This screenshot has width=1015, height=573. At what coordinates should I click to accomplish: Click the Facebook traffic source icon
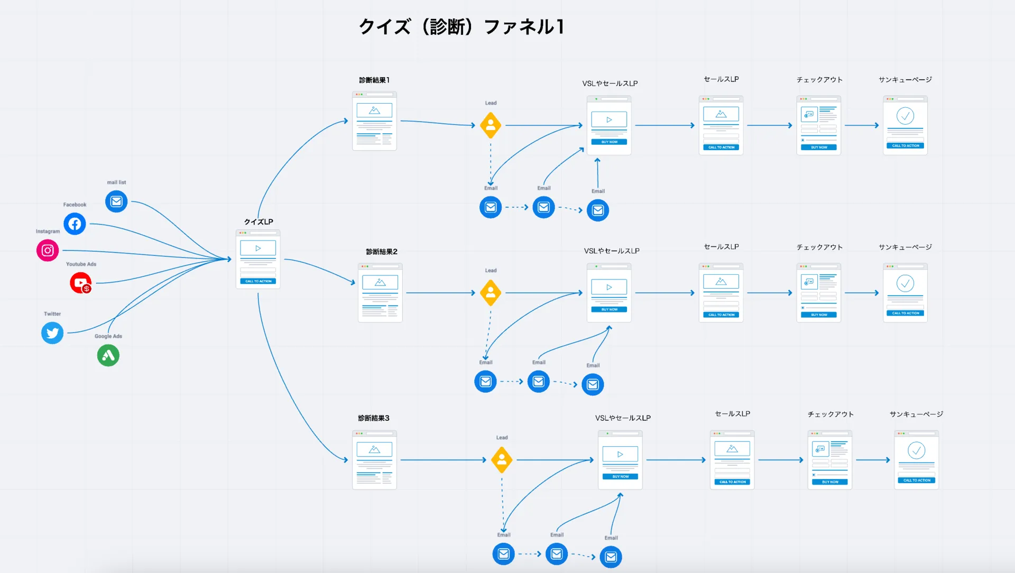tap(75, 224)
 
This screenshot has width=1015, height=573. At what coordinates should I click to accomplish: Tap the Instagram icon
tap(48, 251)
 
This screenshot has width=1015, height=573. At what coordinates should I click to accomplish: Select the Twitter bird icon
tap(52, 333)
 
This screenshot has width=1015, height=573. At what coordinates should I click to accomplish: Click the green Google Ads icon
tap(108, 355)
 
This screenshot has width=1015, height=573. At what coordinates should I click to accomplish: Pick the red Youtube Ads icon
tap(81, 283)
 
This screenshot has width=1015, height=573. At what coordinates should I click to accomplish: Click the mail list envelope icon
tap(116, 201)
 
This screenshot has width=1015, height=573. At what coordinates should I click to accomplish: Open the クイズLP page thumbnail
tap(258, 259)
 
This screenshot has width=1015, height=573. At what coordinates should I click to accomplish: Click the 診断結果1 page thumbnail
tap(374, 121)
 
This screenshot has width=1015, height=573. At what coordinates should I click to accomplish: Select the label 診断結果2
tap(382, 252)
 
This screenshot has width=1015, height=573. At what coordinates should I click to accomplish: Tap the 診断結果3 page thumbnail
tap(374, 460)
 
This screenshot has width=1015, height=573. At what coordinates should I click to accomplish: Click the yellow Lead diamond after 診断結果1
tap(491, 125)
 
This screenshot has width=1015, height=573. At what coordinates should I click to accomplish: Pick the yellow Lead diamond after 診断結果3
tap(502, 460)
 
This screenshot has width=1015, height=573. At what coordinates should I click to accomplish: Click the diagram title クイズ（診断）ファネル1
tap(461, 26)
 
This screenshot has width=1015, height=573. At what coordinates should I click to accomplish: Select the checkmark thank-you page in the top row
tap(905, 125)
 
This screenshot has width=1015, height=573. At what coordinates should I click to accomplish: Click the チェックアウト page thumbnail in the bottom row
tap(829, 460)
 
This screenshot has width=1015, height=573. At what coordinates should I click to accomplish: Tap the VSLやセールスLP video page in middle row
tap(609, 293)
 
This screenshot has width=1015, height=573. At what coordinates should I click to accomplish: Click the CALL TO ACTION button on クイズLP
tap(258, 281)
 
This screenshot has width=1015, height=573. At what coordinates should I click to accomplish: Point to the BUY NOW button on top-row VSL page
tap(609, 142)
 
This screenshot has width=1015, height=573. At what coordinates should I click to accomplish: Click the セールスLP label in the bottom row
tap(732, 414)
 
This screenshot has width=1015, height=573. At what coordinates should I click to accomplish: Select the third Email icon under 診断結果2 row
tap(593, 384)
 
